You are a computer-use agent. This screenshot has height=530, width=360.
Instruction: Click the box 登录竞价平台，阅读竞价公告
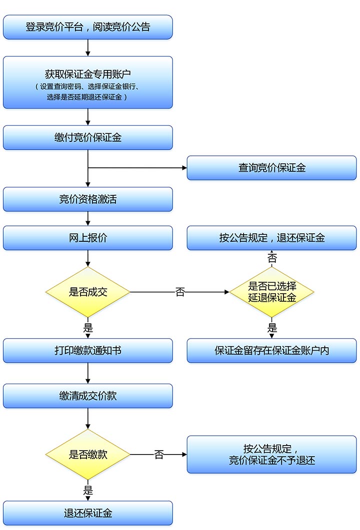(x=88, y=27)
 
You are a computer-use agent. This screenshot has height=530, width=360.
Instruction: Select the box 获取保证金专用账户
(x=88, y=82)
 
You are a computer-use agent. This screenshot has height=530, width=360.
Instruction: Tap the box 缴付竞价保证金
(x=88, y=138)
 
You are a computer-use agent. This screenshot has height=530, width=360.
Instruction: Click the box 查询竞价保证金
(x=271, y=168)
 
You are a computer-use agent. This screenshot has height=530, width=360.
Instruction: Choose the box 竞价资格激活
(x=88, y=199)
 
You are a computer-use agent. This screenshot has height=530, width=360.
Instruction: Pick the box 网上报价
(x=88, y=238)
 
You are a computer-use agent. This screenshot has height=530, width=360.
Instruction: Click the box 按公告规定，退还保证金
(x=271, y=238)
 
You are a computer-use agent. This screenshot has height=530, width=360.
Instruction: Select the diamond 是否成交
(x=88, y=292)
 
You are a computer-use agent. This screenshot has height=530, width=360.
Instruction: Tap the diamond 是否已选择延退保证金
(x=271, y=292)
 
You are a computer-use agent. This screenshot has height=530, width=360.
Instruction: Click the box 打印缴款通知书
(x=88, y=351)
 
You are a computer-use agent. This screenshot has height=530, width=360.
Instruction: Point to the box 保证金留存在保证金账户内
(x=271, y=351)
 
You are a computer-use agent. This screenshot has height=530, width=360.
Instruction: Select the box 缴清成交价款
(x=88, y=396)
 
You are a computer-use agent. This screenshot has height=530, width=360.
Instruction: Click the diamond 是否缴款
(x=88, y=455)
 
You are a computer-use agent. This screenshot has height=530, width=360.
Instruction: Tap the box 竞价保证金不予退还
(x=271, y=455)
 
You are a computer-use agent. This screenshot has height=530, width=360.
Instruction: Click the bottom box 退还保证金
(x=88, y=513)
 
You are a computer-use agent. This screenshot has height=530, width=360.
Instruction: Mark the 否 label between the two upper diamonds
(x=180, y=292)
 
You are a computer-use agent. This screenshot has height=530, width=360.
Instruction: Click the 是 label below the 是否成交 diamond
(x=88, y=328)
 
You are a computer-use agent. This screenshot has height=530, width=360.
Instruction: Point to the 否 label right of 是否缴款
(x=158, y=455)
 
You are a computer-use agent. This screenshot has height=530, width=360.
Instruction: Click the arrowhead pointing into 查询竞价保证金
(x=183, y=168)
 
